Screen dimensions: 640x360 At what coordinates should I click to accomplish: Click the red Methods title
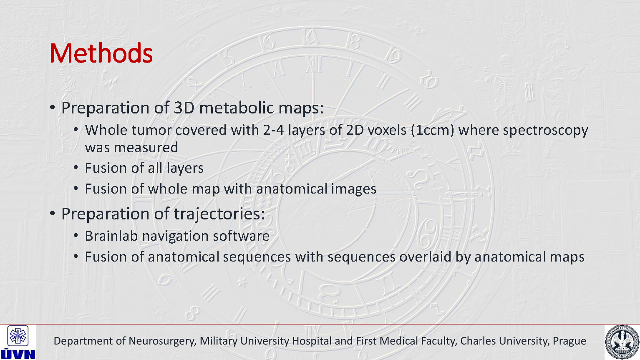101,53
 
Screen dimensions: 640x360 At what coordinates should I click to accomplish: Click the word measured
146,147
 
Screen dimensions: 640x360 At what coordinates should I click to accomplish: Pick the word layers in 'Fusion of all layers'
185,168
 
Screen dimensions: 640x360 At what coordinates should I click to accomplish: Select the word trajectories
219,214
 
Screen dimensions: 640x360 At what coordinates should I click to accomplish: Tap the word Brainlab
111,236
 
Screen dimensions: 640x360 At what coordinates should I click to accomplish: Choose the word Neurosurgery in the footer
163,341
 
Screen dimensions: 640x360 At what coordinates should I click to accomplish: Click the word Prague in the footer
569,341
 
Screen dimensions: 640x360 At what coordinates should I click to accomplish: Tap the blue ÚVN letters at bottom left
18,354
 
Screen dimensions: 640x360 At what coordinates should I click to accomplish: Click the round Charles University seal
622,342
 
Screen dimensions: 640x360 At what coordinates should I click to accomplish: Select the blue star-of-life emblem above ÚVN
18,336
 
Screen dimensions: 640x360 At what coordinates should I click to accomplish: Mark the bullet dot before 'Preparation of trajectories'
52,214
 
